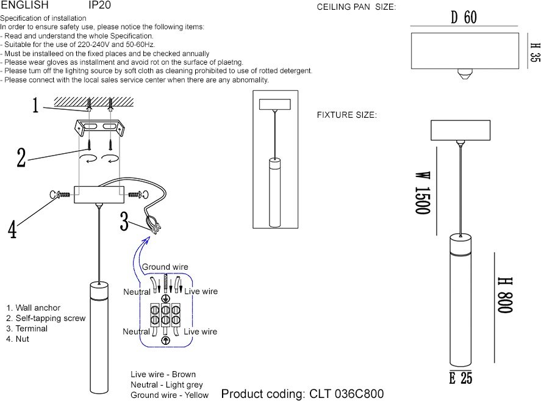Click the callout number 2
click(x=21, y=157)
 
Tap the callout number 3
click(x=124, y=220)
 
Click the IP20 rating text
click(x=99, y=5)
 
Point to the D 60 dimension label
click(x=464, y=17)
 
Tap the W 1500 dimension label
click(x=423, y=192)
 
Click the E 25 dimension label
click(x=460, y=378)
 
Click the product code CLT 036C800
click(x=303, y=394)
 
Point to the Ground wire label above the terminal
click(x=165, y=267)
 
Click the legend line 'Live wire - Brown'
click(x=163, y=374)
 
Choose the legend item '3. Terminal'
click(x=27, y=328)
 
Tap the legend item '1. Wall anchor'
click(x=34, y=308)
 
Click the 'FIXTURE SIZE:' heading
click(x=346, y=115)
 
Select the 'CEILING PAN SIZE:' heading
click(x=356, y=7)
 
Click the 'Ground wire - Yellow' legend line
click(x=169, y=395)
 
